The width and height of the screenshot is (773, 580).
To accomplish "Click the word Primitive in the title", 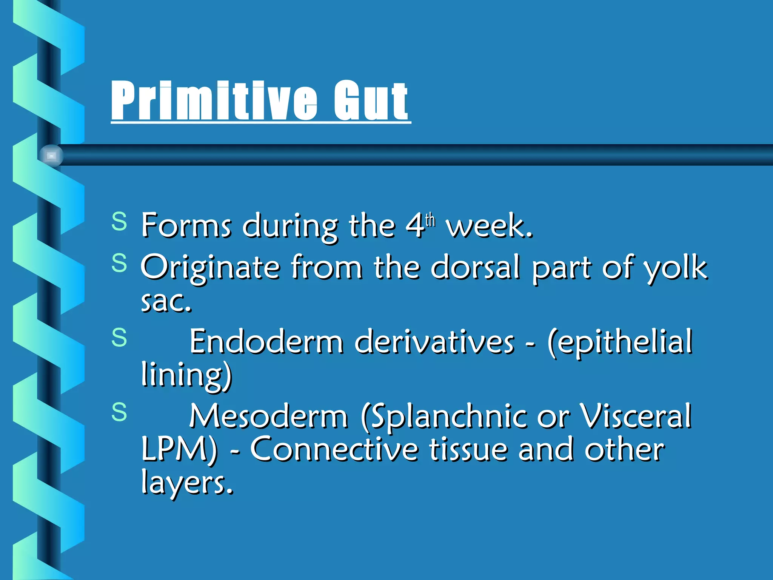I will click(214, 101).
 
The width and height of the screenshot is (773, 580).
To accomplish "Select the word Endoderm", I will click(266, 342).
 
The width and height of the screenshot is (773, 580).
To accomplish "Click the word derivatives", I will click(434, 342).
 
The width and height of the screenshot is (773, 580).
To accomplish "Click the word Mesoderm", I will click(268, 416).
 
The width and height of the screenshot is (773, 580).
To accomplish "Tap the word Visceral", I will click(636, 416).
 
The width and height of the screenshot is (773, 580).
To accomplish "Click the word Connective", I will click(334, 449).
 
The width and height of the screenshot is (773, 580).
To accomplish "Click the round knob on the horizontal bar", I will click(51, 155).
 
